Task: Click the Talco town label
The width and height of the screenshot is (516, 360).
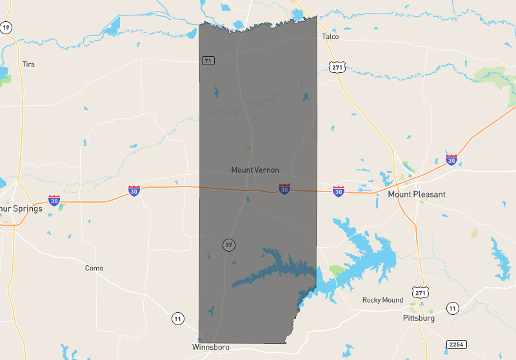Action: click(330, 37)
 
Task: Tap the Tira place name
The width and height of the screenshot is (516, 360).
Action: click(28, 64)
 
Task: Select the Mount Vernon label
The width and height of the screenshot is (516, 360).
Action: click(255, 170)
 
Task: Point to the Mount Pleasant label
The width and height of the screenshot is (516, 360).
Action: click(416, 194)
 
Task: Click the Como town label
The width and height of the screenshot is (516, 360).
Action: click(94, 268)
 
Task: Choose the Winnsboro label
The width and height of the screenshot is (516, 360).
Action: click(211, 347)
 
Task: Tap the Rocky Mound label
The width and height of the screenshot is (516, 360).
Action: click(382, 300)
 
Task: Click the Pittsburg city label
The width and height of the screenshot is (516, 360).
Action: click(418, 318)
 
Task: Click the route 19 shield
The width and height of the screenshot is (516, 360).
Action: click(6, 27)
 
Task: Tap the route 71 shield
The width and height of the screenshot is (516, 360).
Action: click(208, 61)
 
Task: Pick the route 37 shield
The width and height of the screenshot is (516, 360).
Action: click(228, 245)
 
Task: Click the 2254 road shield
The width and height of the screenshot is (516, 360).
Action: click(456, 345)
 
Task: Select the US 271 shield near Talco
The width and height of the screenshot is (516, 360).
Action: click(337, 67)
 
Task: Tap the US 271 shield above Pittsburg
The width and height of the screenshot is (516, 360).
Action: click(420, 293)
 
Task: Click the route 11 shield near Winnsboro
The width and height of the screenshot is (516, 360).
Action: click(177, 318)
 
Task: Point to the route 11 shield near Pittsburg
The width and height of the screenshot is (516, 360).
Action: click(453, 308)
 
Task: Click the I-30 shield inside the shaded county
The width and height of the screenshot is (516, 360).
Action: click(284, 189)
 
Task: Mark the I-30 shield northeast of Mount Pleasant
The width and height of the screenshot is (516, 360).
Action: click(451, 159)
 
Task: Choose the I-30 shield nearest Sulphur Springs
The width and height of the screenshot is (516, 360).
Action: click(55, 200)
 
